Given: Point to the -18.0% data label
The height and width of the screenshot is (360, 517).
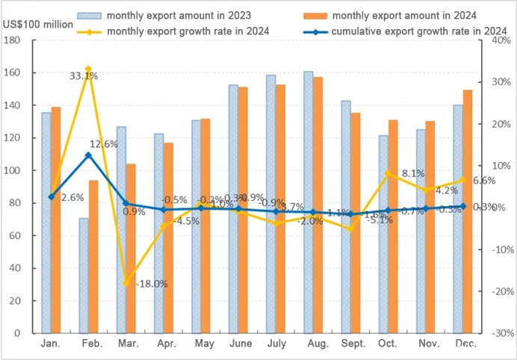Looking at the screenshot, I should [150, 284].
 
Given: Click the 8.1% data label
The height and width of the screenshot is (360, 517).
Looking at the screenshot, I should [413, 173].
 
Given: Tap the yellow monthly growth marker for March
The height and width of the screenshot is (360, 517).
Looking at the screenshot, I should [126, 283].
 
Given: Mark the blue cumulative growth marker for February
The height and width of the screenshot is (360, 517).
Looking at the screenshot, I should [88, 155].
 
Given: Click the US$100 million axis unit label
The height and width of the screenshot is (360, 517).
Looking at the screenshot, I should [38, 25].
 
